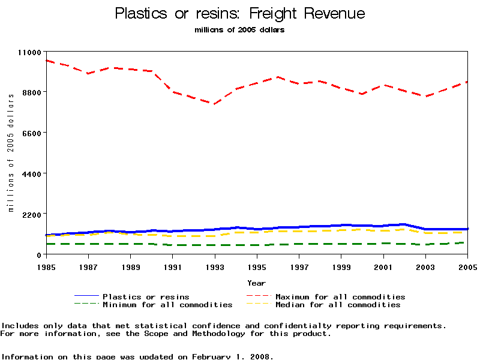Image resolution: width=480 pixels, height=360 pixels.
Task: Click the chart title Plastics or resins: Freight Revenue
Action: point(239,13)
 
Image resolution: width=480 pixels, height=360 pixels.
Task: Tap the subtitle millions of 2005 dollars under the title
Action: point(239,30)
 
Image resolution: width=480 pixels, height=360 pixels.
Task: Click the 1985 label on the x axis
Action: point(46,266)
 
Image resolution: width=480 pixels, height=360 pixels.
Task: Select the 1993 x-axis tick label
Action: point(215,266)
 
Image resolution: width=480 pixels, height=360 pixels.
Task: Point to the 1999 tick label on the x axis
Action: point(341,266)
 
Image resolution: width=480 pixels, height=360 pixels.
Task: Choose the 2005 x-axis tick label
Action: point(467,266)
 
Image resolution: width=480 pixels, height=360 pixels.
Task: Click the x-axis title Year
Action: point(256,283)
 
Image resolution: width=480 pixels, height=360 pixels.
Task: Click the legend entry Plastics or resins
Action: point(146,296)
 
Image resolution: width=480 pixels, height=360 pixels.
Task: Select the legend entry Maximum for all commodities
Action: point(340,296)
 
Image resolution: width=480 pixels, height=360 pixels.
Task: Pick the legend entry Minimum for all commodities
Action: point(167,305)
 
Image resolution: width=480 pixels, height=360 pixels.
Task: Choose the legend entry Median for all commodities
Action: point(338,305)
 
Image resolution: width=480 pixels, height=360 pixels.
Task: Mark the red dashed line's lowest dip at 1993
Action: point(214,104)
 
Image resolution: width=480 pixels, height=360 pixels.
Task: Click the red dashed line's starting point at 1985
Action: point(46,61)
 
